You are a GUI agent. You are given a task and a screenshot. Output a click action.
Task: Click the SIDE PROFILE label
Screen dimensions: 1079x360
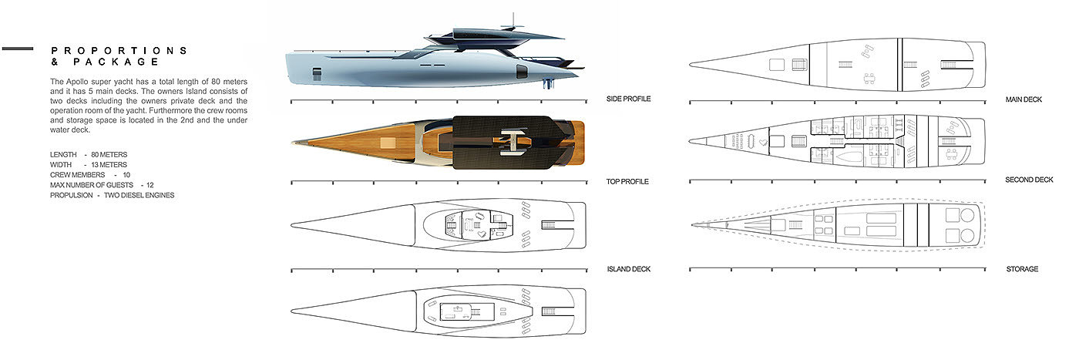coord(629,99)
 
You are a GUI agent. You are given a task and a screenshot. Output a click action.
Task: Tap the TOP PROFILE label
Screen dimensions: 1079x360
coord(629,182)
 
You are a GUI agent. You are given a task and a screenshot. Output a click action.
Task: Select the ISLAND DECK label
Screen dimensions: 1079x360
coord(629,269)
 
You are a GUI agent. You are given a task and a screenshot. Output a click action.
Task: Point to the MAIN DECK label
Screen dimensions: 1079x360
coord(1024,99)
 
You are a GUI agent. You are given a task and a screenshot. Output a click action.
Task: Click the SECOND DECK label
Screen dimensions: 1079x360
coord(1029,180)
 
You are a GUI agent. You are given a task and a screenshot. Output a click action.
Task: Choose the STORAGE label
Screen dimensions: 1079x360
coord(1022,269)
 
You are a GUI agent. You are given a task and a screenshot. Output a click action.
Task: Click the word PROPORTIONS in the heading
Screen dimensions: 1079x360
coord(119,51)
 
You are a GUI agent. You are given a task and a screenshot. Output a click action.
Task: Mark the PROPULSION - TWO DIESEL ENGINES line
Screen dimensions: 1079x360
coord(112,195)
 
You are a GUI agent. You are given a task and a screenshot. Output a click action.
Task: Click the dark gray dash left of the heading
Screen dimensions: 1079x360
coord(17,49)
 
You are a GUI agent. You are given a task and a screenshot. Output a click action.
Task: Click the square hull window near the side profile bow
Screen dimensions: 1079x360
coord(317,73)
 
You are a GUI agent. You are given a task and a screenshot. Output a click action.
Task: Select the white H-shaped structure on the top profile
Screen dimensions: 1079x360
coord(511,142)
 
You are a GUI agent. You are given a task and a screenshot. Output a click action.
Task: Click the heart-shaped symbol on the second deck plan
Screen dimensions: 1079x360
coord(762,143)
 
